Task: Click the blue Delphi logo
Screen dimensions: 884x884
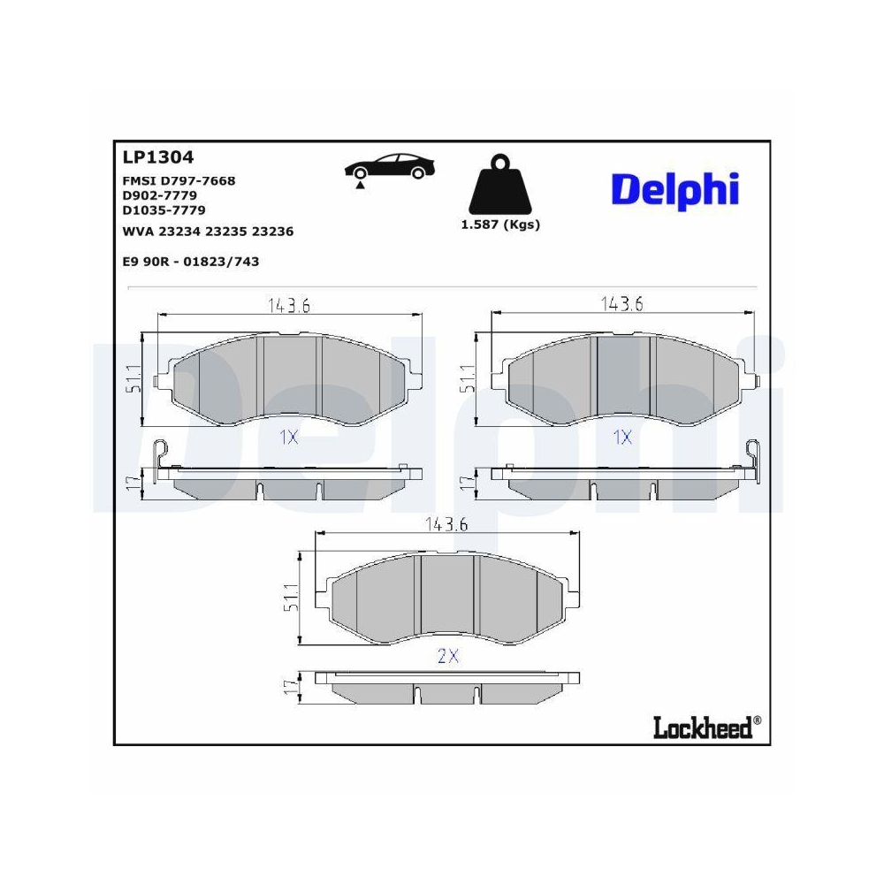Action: (x=674, y=188)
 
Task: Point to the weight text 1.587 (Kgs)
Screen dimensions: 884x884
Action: (x=500, y=225)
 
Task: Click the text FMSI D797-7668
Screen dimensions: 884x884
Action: (x=179, y=180)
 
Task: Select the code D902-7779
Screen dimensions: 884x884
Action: (x=159, y=194)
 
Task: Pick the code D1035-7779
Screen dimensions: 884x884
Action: (x=164, y=210)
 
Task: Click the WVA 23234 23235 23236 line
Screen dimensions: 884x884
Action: (x=208, y=231)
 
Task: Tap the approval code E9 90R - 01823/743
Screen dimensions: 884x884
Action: (x=190, y=262)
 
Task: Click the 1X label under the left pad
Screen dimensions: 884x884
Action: (x=289, y=437)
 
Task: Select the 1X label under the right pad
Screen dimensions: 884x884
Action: (x=622, y=437)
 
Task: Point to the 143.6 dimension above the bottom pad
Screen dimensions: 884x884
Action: (x=446, y=524)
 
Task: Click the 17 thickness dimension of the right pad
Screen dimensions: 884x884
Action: (x=466, y=483)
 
